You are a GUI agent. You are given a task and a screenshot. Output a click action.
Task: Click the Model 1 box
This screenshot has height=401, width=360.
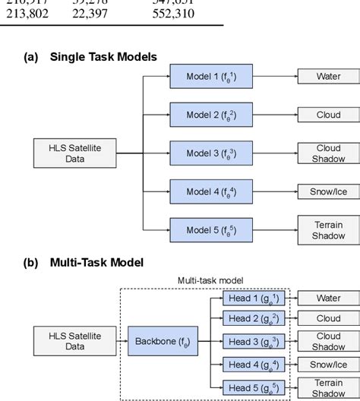(211, 76)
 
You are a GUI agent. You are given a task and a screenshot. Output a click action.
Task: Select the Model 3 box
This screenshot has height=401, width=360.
(211, 153)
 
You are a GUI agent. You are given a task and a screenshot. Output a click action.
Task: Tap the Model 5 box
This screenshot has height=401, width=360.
(211, 229)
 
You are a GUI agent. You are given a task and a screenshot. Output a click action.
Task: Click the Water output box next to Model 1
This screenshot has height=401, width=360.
(328, 76)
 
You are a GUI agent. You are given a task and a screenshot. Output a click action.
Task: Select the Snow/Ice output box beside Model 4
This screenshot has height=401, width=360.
(328, 191)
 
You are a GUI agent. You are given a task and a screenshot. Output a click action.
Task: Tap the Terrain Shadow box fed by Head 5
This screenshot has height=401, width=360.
(328, 387)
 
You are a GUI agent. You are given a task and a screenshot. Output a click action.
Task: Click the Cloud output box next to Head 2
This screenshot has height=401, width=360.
(328, 319)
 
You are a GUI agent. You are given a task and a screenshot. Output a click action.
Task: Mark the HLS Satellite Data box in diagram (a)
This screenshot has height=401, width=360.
(74, 153)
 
